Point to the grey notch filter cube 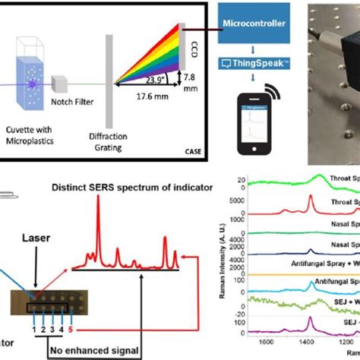point(76,81)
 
